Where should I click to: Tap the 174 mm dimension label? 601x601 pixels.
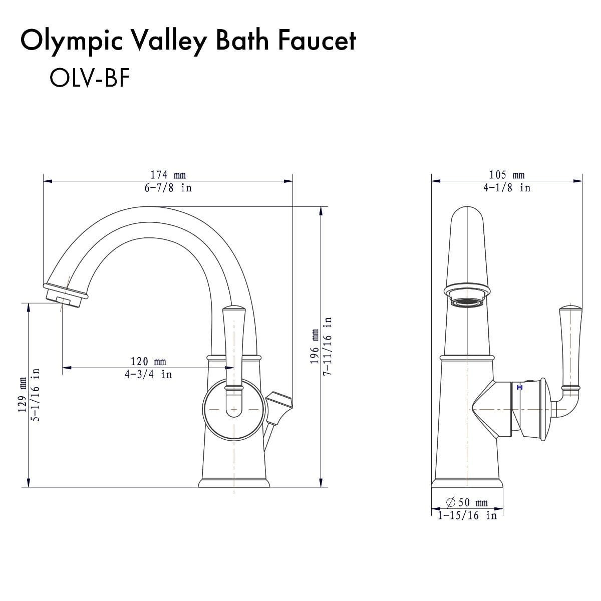168,175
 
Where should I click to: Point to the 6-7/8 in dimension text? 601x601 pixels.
168,188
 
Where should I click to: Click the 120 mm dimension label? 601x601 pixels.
148,361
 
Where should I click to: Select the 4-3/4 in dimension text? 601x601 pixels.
148,374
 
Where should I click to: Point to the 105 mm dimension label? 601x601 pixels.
507,175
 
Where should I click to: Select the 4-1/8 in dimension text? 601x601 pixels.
507,188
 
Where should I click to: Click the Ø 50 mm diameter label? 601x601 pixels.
466,502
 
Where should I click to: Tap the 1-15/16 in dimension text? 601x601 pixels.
467,515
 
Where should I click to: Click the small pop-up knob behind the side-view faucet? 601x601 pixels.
277,404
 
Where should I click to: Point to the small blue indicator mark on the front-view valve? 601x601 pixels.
518,387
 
